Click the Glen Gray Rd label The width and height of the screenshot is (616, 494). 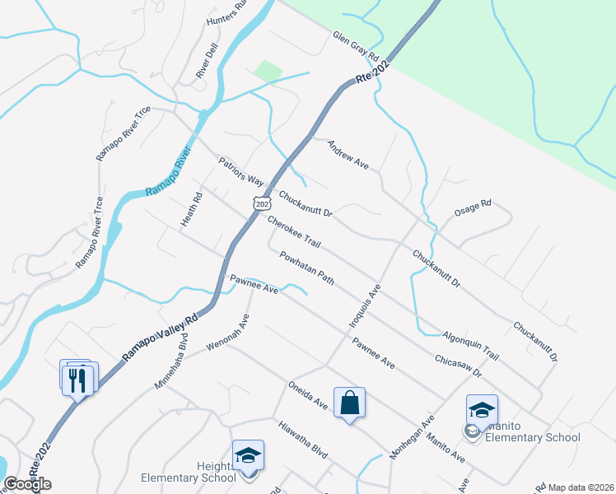coord(355,48)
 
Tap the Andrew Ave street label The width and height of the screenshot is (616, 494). coord(348,154)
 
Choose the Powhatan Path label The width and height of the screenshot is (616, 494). coord(306,268)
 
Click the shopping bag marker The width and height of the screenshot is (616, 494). coord(350,403)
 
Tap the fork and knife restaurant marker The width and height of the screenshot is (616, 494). coord(78,380)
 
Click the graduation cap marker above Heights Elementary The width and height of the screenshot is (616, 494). coord(248,454)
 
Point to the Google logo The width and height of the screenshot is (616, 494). coord(28,484)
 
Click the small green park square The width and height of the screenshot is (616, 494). coord(268,71)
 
